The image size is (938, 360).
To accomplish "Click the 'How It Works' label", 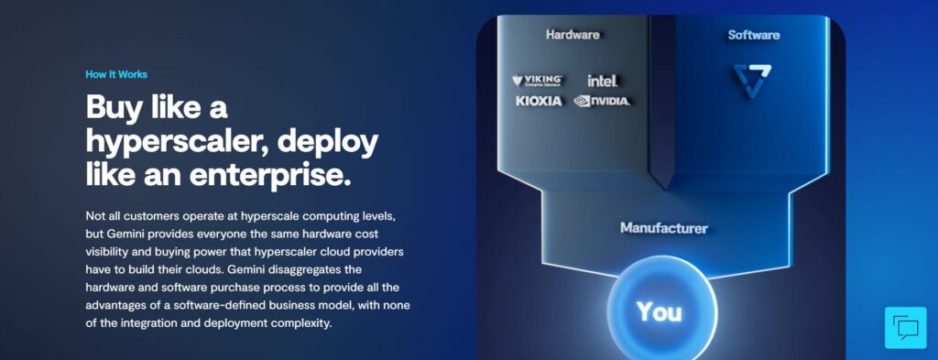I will click(115, 74).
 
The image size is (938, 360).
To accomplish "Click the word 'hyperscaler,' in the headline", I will click(174, 142).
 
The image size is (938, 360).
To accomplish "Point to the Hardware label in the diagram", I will click(573, 35).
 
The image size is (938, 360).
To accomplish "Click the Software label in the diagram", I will click(753, 35).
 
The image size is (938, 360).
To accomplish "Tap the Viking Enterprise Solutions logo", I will click(537, 81).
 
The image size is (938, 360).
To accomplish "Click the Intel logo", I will click(602, 81).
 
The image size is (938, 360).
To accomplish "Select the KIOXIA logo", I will click(538, 101).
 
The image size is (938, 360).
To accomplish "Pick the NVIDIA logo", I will click(602, 101).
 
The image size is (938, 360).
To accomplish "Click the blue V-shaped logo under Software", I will click(752, 81).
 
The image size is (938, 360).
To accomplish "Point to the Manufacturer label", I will click(663, 227).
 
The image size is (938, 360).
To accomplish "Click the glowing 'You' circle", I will click(660, 311).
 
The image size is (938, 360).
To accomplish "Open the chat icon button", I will click(905, 327).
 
